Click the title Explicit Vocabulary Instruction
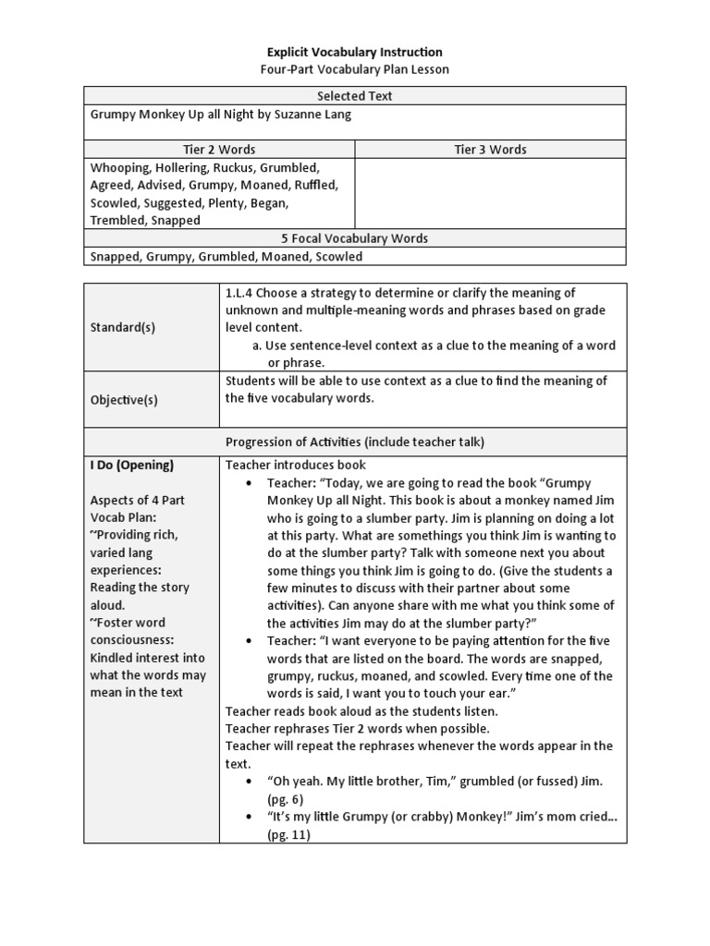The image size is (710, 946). (x=355, y=53)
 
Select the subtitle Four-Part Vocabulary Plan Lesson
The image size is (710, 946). (x=355, y=70)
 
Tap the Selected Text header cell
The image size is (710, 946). (x=355, y=96)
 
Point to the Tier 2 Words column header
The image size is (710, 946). (x=219, y=150)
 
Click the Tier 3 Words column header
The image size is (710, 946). (x=490, y=150)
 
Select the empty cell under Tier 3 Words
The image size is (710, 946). (x=490, y=194)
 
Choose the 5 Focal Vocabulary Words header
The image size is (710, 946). (x=355, y=238)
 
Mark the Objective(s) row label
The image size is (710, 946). (x=124, y=399)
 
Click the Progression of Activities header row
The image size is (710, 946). (x=355, y=442)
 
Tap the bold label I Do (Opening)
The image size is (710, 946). (x=132, y=465)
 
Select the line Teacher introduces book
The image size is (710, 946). (x=296, y=465)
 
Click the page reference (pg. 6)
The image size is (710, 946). (x=286, y=799)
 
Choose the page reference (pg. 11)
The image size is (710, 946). (x=289, y=834)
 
